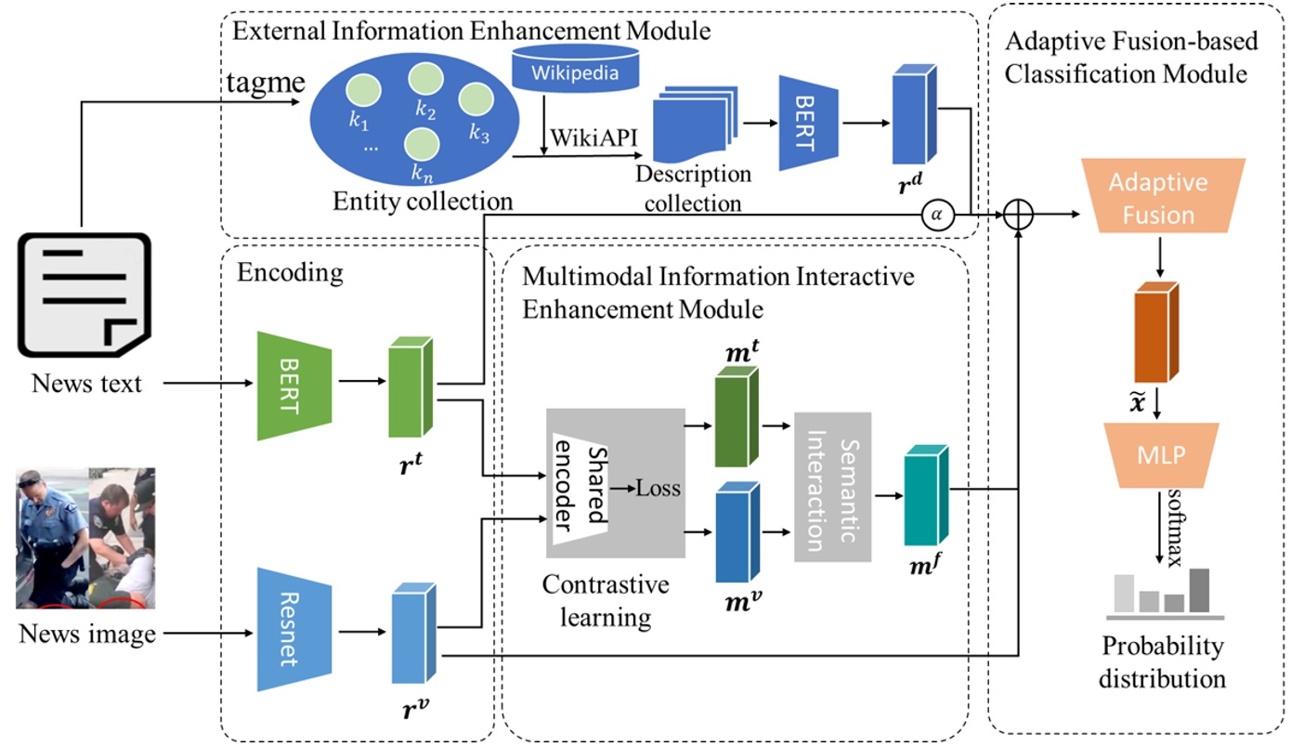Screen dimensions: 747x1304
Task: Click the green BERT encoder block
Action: [294, 381]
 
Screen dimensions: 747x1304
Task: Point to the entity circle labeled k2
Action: [425, 80]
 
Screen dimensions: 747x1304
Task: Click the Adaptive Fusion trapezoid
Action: [1157, 197]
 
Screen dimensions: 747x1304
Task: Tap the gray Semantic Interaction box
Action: [832, 486]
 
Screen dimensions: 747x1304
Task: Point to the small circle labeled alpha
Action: [936, 215]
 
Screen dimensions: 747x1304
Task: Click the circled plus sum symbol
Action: [1020, 215]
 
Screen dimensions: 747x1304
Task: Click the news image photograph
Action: [85, 538]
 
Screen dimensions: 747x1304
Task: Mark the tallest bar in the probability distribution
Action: [1199, 590]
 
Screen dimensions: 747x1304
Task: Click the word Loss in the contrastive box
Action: [658, 488]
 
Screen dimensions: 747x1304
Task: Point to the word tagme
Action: [267, 84]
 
